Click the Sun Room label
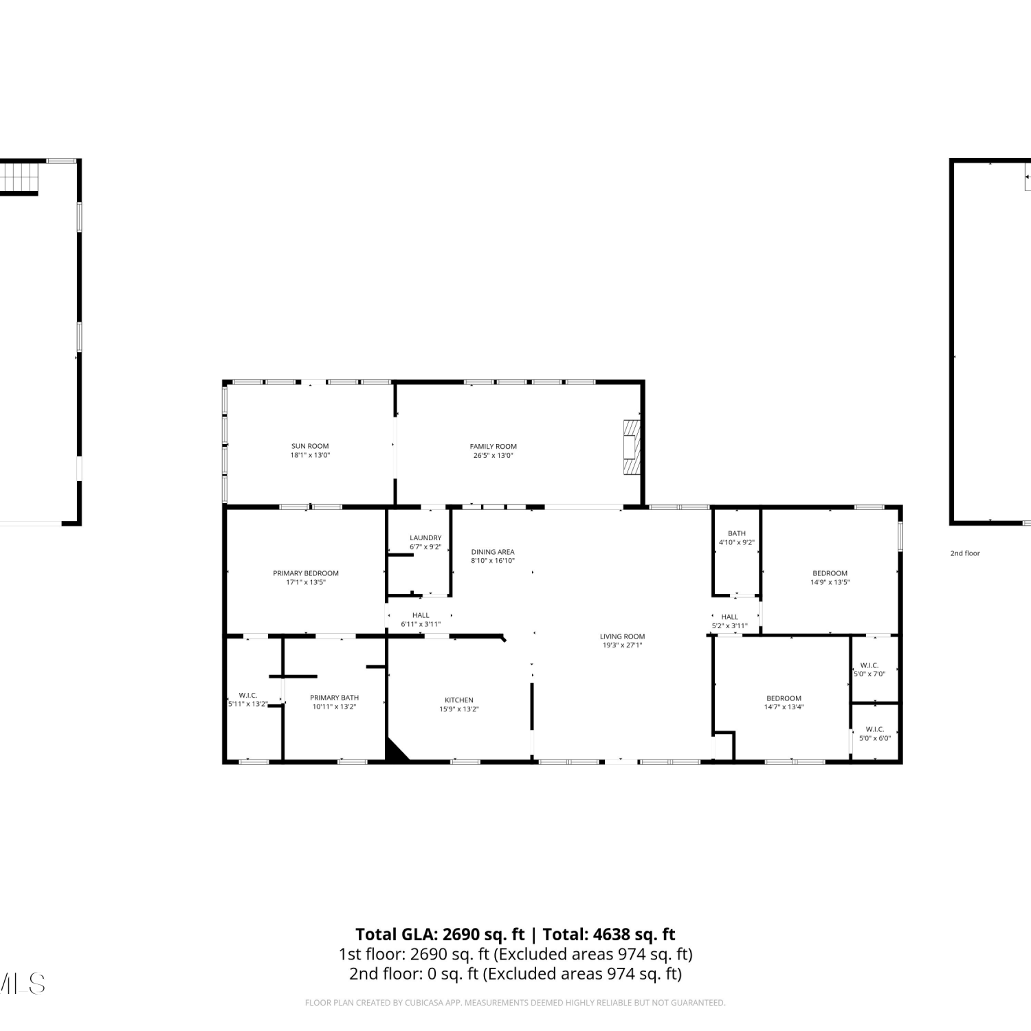[310, 446]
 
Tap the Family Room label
[494, 446]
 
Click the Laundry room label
[425, 538]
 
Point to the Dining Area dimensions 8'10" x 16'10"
[493, 561]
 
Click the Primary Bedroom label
[306, 573]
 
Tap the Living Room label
[623, 636]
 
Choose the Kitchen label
[459, 700]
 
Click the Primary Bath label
[335, 698]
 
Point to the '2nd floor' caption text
[965, 553]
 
